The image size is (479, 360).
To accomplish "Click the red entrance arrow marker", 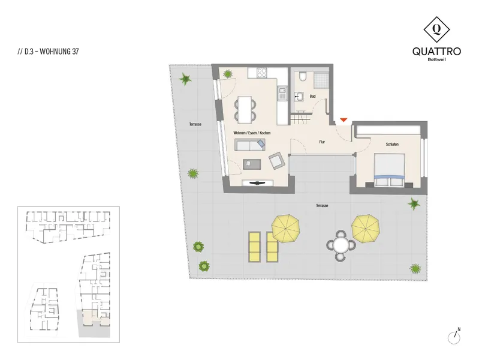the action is click(x=344, y=120).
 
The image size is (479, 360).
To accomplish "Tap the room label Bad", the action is click(x=312, y=96).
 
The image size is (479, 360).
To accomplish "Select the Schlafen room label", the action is click(x=392, y=144).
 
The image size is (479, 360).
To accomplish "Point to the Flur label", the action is click(x=322, y=142).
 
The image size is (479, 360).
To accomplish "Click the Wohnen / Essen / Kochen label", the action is click(x=252, y=133).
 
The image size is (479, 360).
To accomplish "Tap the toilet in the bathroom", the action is click(x=302, y=76).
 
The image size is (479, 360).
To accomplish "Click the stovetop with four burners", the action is click(x=261, y=73).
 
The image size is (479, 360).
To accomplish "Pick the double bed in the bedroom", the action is click(x=390, y=170).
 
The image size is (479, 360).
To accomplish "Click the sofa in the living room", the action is click(x=250, y=145).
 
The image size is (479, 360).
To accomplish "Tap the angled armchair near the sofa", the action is click(x=277, y=160).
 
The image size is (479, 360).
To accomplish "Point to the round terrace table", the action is click(x=341, y=245).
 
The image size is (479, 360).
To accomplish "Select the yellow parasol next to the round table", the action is click(x=366, y=228).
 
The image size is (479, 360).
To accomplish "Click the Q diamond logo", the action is click(x=436, y=29).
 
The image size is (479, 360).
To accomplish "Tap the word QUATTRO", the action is click(x=436, y=51).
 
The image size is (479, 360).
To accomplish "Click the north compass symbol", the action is click(x=454, y=337).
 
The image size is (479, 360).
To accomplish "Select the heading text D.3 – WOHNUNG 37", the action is click(x=49, y=52).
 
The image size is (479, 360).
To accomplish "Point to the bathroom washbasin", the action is click(x=299, y=97).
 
